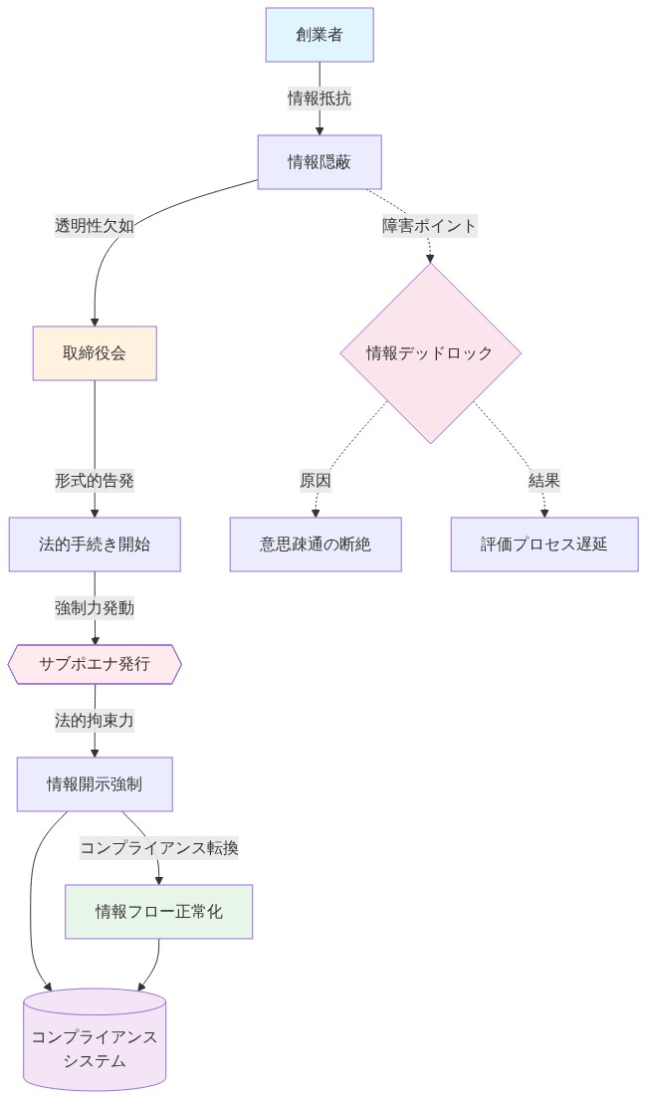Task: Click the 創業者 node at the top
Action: pos(320,35)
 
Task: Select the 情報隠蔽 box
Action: pos(320,162)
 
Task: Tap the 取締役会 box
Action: pos(95,353)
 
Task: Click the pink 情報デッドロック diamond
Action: pos(430,353)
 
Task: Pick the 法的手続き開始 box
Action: pos(95,545)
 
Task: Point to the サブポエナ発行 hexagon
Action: pos(95,664)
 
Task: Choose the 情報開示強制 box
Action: pos(95,783)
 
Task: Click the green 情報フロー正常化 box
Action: pos(159,911)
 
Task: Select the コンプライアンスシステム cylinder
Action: pos(95,1040)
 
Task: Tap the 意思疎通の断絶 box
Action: pos(316,545)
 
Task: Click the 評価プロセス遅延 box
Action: pos(544,545)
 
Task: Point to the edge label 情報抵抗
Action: pos(320,99)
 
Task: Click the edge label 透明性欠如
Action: pos(95,226)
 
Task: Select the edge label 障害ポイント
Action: pos(430,226)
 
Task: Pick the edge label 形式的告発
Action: pos(95,481)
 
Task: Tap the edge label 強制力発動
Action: pos(95,608)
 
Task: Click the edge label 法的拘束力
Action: pos(95,720)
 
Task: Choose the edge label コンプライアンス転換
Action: pos(159,848)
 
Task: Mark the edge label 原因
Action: pos(316,481)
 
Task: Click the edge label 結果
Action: pos(544,481)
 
